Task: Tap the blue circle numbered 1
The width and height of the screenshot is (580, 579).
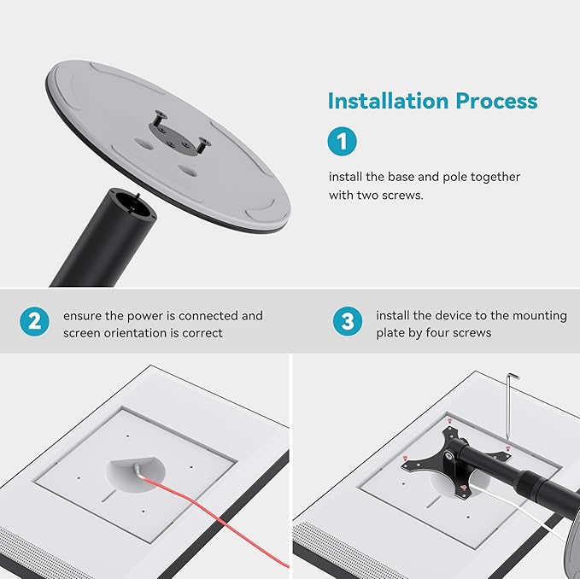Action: pos(342,142)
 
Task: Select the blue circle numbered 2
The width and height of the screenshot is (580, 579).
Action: pos(33,322)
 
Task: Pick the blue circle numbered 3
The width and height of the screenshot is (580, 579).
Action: pos(347,322)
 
